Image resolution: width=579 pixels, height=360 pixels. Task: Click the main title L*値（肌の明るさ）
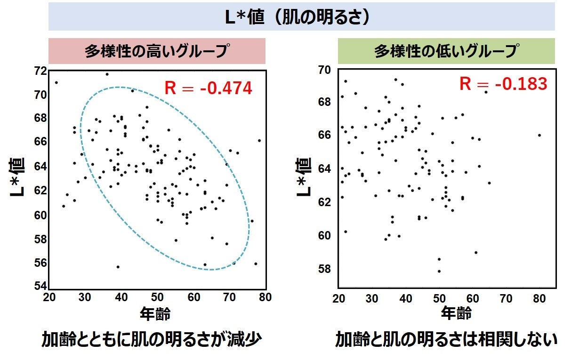pyautogui.click(x=301, y=17)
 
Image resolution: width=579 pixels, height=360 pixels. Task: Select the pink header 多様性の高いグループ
pyautogui.click(x=157, y=51)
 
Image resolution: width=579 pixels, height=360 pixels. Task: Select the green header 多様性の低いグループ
pyautogui.click(x=447, y=51)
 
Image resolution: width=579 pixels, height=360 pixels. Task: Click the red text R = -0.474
pyautogui.click(x=208, y=88)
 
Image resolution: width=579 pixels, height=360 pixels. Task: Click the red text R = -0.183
pyautogui.click(x=503, y=84)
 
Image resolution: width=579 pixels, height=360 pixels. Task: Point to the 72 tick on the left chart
pyautogui.click(x=40, y=71)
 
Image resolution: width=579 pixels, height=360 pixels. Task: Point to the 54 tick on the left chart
pyautogui.click(x=40, y=286)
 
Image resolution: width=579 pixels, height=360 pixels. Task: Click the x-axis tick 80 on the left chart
pyautogui.click(x=266, y=297)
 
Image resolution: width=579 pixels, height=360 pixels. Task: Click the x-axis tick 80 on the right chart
pyautogui.click(x=539, y=298)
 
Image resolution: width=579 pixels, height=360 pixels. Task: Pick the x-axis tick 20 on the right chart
pyautogui.click(x=339, y=298)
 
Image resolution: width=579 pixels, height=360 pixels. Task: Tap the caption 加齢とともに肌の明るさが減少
pyautogui.click(x=151, y=340)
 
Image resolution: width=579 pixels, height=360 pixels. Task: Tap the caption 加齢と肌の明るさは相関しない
pyautogui.click(x=446, y=340)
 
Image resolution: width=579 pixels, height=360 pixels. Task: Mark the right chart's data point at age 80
pyautogui.click(x=539, y=135)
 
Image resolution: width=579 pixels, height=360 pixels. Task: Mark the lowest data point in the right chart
pyautogui.click(x=439, y=271)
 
